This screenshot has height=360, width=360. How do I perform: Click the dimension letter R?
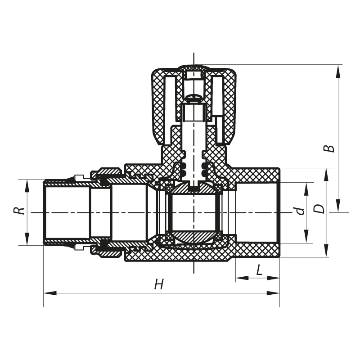(18, 211)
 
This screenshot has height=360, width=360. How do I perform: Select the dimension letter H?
(158, 284)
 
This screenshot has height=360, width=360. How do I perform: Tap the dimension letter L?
(259, 270)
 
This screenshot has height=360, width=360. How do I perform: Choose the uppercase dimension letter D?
(319, 209)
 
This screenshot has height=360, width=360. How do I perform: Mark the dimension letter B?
(331, 148)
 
